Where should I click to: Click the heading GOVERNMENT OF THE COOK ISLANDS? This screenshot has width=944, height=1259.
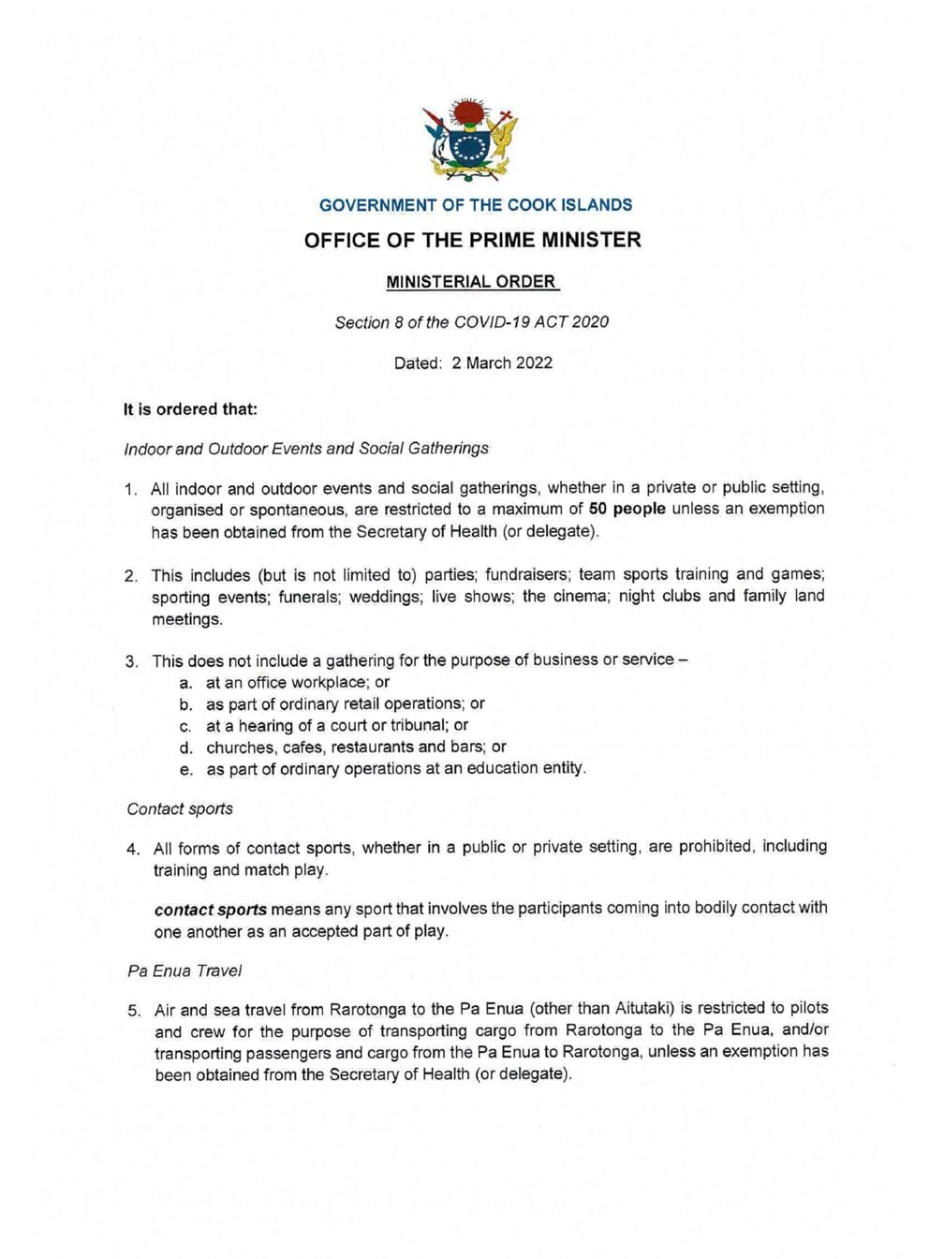point(476,205)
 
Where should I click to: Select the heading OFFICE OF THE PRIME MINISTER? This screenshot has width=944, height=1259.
point(473,240)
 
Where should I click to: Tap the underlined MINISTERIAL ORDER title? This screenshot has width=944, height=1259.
point(472,282)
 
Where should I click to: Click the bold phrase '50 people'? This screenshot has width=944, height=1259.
point(627,509)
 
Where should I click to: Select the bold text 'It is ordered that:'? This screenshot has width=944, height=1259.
point(191,409)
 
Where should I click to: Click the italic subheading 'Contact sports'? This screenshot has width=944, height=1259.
point(180,808)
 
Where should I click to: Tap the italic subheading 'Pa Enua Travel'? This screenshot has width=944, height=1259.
point(184,970)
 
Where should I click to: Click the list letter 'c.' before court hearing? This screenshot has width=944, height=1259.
point(185,726)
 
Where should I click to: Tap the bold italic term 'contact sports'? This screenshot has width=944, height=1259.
point(211,910)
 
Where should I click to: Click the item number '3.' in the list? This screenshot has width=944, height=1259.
point(132,661)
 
